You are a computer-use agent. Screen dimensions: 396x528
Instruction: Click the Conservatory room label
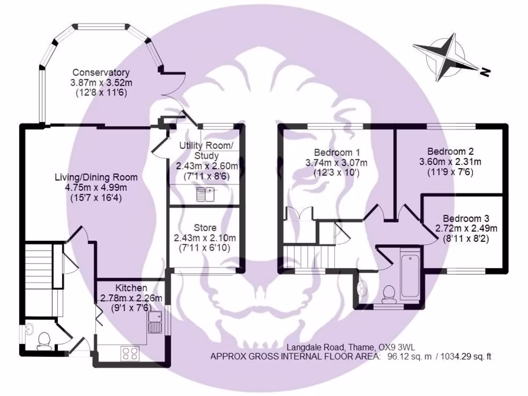click(101, 73)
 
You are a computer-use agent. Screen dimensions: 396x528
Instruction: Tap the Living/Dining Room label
click(96, 177)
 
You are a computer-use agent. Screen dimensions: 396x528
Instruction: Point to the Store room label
click(205, 227)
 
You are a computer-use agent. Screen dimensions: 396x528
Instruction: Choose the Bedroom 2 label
click(451, 152)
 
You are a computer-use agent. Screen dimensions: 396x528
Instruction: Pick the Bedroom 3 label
click(466, 218)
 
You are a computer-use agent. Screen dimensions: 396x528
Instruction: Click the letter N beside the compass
click(484, 73)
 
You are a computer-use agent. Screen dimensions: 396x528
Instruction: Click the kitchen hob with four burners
click(129, 353)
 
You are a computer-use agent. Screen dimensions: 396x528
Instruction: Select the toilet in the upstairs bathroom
click(387, 293)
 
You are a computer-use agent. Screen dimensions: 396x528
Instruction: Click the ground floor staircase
click(39, 263)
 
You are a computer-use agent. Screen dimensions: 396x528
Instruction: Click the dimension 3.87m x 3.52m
click(101, 82)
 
